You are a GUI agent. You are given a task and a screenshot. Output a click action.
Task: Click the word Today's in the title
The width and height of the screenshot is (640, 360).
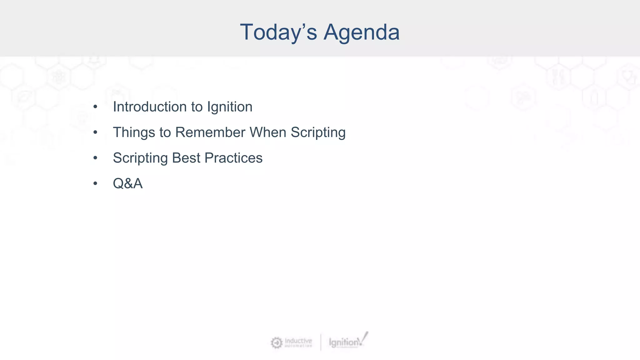click(278, 32)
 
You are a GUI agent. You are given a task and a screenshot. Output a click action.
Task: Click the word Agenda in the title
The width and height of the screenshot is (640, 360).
click(361, 32)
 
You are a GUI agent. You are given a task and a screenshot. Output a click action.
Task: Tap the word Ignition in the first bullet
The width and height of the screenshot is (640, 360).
click(230, 107)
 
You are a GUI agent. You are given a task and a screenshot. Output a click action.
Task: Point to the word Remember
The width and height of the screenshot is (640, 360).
click(210, 132)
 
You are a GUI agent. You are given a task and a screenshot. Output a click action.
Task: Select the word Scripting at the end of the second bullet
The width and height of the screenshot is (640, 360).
click(318, 132)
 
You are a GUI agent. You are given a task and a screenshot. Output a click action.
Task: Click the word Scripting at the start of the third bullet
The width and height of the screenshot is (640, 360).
click(140, 158)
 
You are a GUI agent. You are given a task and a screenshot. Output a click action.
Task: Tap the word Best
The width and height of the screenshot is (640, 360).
click(186, 158)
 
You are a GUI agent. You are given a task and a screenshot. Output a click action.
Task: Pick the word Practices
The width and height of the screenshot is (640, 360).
click(233, 158)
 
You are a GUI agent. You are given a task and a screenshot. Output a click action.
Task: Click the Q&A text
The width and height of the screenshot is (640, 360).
click(127, 184)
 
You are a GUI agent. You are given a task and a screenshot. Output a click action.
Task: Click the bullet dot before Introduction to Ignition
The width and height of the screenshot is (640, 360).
click(95, 107)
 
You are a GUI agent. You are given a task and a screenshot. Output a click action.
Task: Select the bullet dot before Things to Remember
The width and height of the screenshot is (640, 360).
click(95, 132)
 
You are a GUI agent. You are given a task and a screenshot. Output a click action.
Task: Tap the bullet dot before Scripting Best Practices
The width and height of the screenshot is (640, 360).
click(95, 158)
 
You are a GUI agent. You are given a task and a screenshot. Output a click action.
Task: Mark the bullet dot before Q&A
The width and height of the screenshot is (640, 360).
click(95, 184)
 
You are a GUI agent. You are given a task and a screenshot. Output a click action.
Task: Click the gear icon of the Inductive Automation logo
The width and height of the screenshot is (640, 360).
click(276, 343)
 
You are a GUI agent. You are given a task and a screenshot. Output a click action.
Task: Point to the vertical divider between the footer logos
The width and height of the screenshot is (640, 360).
click(321, 342)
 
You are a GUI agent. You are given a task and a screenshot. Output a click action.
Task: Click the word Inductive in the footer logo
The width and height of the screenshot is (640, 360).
click(298, 340)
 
